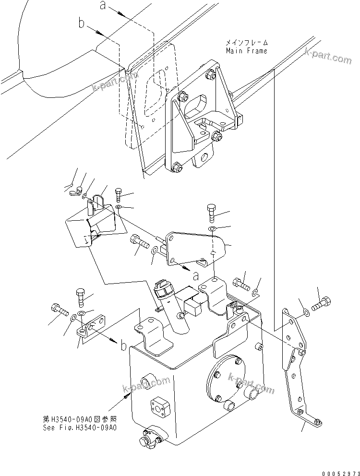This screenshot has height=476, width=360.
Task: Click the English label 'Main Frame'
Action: (x=246, y=50)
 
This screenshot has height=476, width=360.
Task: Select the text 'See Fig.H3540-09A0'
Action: (x=79, y=427)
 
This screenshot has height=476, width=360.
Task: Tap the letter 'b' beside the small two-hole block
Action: (x=124, y=345)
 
